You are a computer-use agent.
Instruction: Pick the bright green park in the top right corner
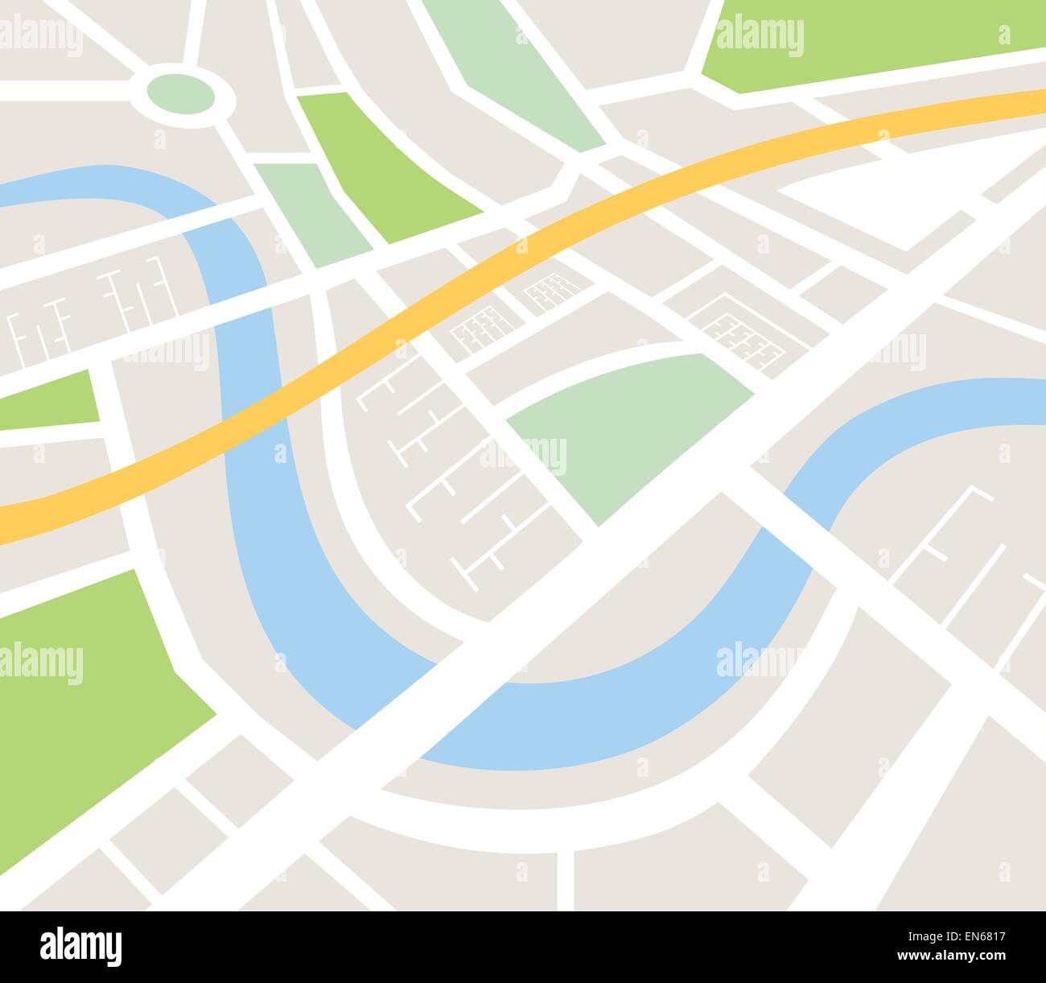869,44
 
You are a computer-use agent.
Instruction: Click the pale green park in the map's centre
628,427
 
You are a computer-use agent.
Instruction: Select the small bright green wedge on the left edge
48,403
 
